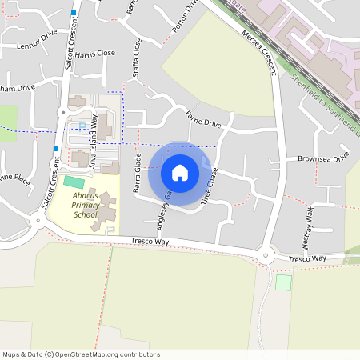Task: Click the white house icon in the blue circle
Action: [179, 173]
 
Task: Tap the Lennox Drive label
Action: [37, 41]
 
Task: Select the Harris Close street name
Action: [95, 54]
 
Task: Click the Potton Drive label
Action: [185, 16]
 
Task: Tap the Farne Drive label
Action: [202, 118]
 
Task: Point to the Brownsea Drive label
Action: [324, 158]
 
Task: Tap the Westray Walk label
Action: [309, 224]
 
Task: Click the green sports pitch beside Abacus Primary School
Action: [74, 182]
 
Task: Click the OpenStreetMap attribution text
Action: [80, 354]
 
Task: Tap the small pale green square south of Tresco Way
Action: [282, 282]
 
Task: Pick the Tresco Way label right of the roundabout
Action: [307, 258]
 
